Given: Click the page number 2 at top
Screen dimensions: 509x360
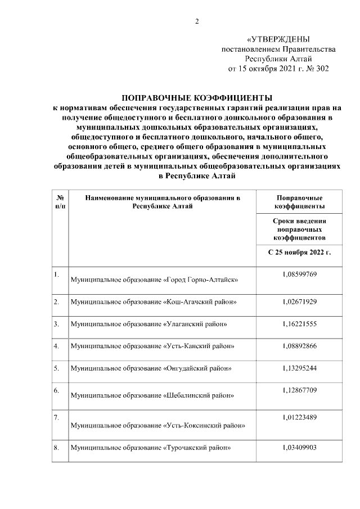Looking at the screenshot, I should [x=197, y=22].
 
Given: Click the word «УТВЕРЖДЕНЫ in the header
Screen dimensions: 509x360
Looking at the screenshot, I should [x=278, y=39].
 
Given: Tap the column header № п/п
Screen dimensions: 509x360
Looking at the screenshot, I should [x=59, y=202].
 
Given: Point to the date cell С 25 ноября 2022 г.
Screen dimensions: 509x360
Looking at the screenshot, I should [x=299, y=251].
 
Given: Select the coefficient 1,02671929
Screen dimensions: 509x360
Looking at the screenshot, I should [x=299, y=302].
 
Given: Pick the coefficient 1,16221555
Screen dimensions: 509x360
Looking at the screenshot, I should [x=299, y=324].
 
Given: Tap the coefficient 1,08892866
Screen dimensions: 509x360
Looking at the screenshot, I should [x=299, y=346].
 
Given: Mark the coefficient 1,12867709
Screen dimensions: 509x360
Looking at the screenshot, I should [x=299, y=390].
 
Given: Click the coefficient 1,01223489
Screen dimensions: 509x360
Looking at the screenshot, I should [x=299, y=418].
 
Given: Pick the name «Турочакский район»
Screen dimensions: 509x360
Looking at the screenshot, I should [x=197, y=448].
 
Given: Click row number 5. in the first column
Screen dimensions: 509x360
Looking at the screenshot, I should [x=57, y=368].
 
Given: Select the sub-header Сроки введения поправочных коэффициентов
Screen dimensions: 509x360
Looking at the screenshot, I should [x=299, y=230].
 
